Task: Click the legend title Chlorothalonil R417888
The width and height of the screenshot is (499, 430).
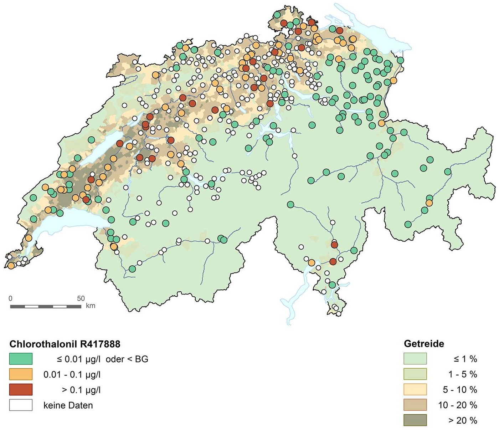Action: click(65, 344)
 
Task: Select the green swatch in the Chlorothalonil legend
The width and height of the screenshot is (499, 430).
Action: click(21, 359)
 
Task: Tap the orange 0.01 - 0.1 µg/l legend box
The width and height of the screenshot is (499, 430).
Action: click(21, 374)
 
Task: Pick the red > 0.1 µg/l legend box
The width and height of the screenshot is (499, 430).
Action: click(21, 390)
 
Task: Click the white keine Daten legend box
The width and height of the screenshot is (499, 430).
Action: click(21, 405)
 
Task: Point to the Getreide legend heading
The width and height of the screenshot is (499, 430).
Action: click(424, 344)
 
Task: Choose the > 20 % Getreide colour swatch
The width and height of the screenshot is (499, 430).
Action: click(415, 420)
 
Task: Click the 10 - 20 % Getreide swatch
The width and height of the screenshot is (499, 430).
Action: click(415, 405)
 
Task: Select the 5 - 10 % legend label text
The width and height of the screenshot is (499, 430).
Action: click(460, 390)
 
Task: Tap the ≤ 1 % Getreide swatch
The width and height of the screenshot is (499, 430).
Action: click(415, 359)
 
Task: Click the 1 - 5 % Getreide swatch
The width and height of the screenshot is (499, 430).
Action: click(415, 374)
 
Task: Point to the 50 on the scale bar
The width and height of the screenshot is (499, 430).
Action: click(81, 298)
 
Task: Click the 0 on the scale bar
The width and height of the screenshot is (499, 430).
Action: click(10, 298)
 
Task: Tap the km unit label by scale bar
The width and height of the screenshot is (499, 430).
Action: click(91, 306)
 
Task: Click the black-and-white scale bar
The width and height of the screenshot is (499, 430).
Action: click(45, 306)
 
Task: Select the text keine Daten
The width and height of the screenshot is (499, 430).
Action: click(68, 405)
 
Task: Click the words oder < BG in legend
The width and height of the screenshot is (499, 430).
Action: click(127, 359)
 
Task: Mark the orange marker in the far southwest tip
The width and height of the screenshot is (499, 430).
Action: click(11, 266)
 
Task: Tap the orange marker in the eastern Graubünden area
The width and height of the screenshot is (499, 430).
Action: click(429, 203)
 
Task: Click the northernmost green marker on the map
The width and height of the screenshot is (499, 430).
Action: click(277, 15)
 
